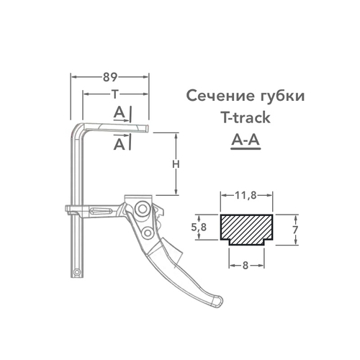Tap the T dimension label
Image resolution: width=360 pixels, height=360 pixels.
coord(115,94)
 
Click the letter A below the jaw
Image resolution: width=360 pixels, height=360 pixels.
coord(119,144)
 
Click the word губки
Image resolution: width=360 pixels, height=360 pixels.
coord(274,96)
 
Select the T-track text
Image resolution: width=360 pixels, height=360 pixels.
coord(246,118)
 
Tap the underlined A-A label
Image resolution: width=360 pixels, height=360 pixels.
coord(246,141)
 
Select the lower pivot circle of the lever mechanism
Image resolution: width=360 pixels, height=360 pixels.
coord(148,232)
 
